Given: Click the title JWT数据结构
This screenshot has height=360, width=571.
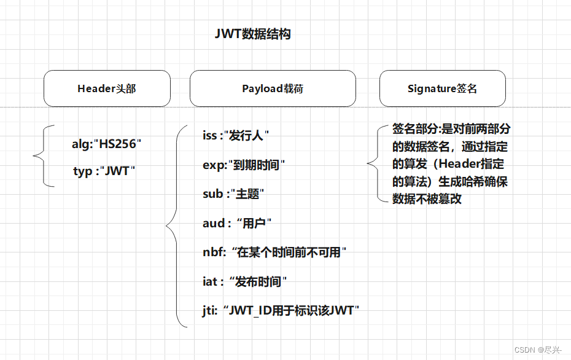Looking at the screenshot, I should coord(252,34).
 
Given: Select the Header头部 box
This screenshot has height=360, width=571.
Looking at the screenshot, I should coord(107,88).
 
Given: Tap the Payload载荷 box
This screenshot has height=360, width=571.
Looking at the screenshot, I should coord(273,88).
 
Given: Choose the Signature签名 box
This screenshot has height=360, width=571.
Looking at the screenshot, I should coord(442,88).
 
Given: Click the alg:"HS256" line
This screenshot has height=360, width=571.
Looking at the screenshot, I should coord(107,144).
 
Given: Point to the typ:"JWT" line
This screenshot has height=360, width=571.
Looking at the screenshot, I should coord(104,171).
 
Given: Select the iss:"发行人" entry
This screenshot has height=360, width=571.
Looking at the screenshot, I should coord(236,135).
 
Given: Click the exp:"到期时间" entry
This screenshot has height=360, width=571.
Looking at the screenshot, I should coord(244,165).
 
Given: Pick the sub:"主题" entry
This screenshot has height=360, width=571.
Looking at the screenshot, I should coord(233,194).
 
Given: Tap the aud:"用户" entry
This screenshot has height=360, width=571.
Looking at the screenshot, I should coord(237,223).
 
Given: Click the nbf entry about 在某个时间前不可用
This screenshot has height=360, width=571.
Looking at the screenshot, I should coord(275,252).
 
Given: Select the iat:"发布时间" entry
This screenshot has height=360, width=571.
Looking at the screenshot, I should coord(245,281).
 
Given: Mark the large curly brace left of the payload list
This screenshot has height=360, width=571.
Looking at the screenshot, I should coord(173,225).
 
